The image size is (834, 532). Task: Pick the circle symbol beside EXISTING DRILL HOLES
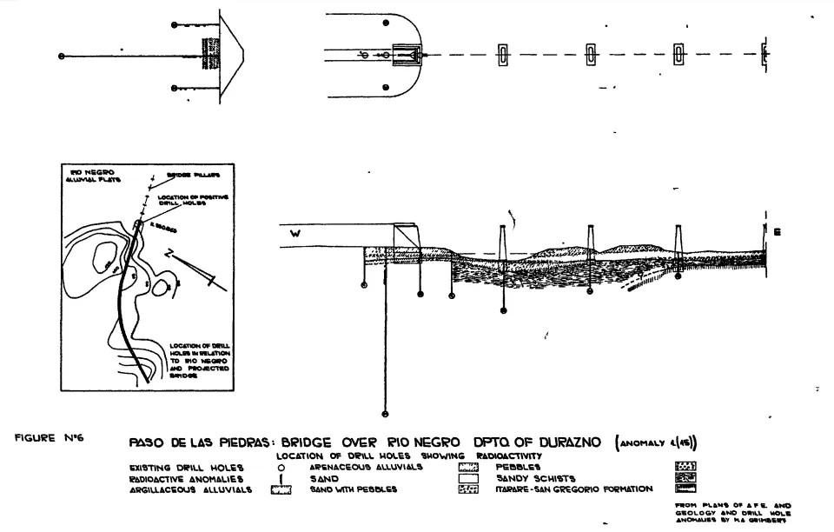[282, 467]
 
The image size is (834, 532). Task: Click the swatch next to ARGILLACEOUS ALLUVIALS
[281, 490]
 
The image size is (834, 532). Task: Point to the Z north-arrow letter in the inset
[173, 256]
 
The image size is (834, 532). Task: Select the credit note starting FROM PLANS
[732, 512]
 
